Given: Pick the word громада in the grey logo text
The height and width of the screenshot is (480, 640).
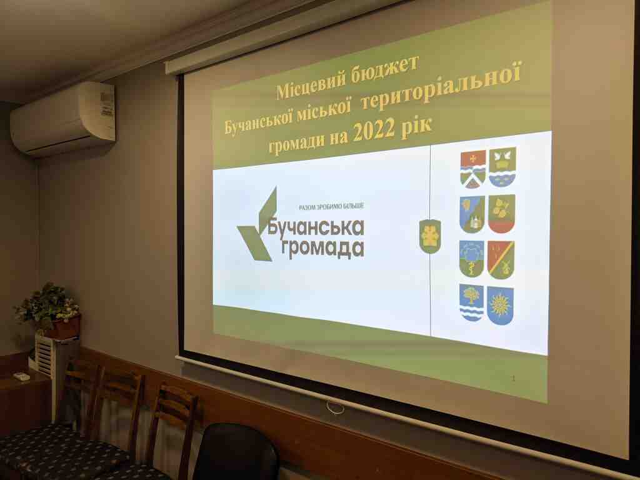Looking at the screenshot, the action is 322,249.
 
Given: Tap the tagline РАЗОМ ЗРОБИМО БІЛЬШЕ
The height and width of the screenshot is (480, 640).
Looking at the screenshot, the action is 331,207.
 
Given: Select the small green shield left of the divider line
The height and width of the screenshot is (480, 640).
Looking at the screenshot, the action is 430,236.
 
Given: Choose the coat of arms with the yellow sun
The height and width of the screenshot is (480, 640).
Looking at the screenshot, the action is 500,305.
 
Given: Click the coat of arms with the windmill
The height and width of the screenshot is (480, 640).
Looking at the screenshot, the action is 501,259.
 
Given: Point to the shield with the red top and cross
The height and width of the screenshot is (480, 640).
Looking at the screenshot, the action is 474,169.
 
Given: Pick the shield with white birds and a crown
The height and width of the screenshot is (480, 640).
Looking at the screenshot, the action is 502,167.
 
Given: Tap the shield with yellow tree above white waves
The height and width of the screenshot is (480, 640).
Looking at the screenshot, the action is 471,302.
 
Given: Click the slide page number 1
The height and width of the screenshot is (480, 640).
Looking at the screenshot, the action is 514,378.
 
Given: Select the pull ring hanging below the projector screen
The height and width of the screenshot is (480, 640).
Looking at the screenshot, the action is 335,407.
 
